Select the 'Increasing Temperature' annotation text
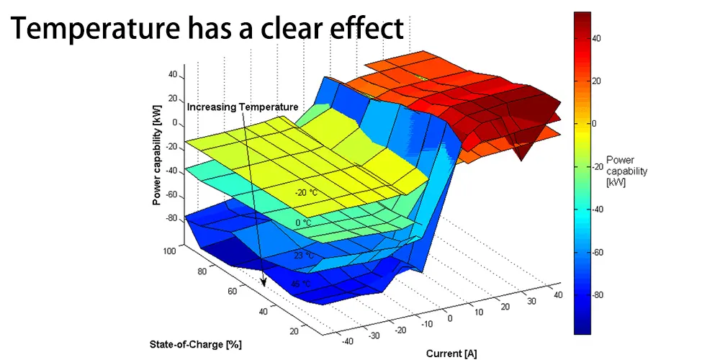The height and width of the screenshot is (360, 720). [243, 107]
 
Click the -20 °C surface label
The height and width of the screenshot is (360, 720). [305, 192]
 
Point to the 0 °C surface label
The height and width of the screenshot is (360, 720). [303, 222]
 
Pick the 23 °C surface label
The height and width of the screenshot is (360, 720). [304, 255]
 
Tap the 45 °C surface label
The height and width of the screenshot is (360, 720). [302, 284]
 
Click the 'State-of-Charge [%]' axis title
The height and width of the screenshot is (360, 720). [196, 344]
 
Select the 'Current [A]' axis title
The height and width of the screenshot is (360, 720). [451, 353]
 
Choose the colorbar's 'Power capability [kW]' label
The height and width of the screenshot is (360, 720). [627, 171]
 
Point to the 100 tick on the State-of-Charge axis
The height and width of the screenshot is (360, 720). [170, 251]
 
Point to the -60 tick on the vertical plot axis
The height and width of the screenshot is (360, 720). [170, 194]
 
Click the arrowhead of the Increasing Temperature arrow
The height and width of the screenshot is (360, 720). [264, 284]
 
